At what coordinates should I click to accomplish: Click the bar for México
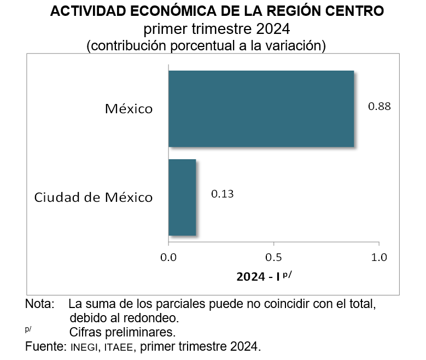click(261, 109)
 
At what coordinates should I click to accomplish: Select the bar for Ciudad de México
click(182, 198)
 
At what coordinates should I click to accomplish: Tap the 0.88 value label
click(380, 106)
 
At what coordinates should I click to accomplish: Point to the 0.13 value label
click(223, 194)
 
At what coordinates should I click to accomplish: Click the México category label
click(129, 109)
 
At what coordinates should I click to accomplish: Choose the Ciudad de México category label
click(94, 197)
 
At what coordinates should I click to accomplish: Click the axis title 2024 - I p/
click(264, 276)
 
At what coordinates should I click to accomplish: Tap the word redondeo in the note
click(147, 318)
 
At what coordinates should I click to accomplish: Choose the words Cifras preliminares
click(122, 332)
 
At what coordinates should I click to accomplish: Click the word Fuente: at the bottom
click(45, 346)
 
